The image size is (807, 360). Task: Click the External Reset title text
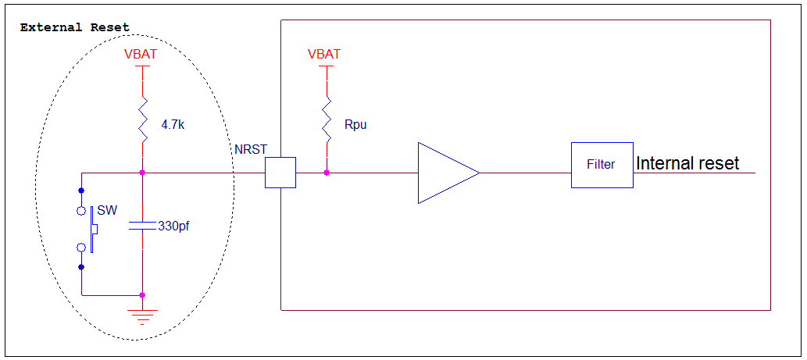pyautogui.click(x=75, y=28)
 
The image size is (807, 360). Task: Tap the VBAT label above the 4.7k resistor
pyautogui.click(x=141, y=55)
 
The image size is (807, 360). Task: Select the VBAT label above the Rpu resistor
pyautogui.click(x=323, y=55)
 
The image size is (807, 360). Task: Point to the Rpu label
pyautogui.click(x=355, y=125)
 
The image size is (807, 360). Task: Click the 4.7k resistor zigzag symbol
pyautogui.click(x=142, y=119)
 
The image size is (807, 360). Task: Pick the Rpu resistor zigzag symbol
pyautogui.click(x=327, y=119)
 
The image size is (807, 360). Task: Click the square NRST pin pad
pyautogui.click(x=280, y=173)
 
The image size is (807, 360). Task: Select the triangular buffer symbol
pyautogui.click(x=448, y=173)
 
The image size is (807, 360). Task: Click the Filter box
pyautogui.click(x=602, y=165)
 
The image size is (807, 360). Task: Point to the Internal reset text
pyautogui.click(x=688, y=163)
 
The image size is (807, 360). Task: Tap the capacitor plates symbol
pyautogui.click(x=142, y=225)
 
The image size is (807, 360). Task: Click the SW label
pyautogui.click(x=107, y=210)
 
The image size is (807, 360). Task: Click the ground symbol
pyautogui.click(x=142, y=315)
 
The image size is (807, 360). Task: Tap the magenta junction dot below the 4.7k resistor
pyautogui.click(x=142, y=173)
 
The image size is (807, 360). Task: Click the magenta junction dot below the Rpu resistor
pyautogui.click(x=327, y=173)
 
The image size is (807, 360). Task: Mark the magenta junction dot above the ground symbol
pyautogui.click(x=142, y=295)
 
